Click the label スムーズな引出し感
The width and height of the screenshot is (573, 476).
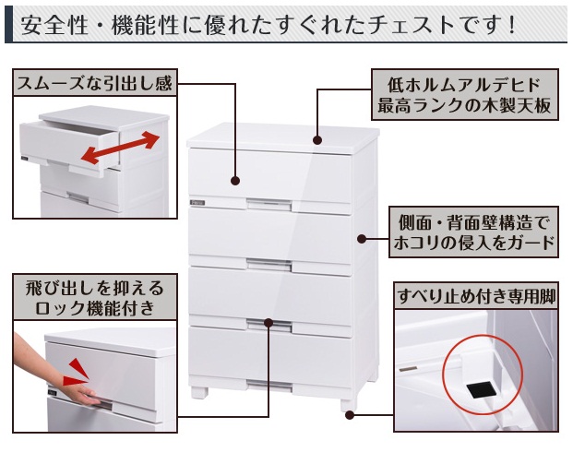pyautogui.click(x=94, y=84)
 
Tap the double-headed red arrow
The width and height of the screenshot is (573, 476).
pyautogui.click(x=119, y=145)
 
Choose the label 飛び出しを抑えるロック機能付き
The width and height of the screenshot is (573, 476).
pyautogui.click(x=94, y=298)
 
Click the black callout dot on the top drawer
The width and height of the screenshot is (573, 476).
pyautogui.click(x=235, y=181)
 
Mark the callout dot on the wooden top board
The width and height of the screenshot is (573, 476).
pyautogui.click(x=317, y=140)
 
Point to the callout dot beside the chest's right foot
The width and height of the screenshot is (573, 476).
pyautogui.click(x=350, y=415)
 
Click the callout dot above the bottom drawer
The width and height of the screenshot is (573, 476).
pyautogui.click(x=269, y=323)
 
